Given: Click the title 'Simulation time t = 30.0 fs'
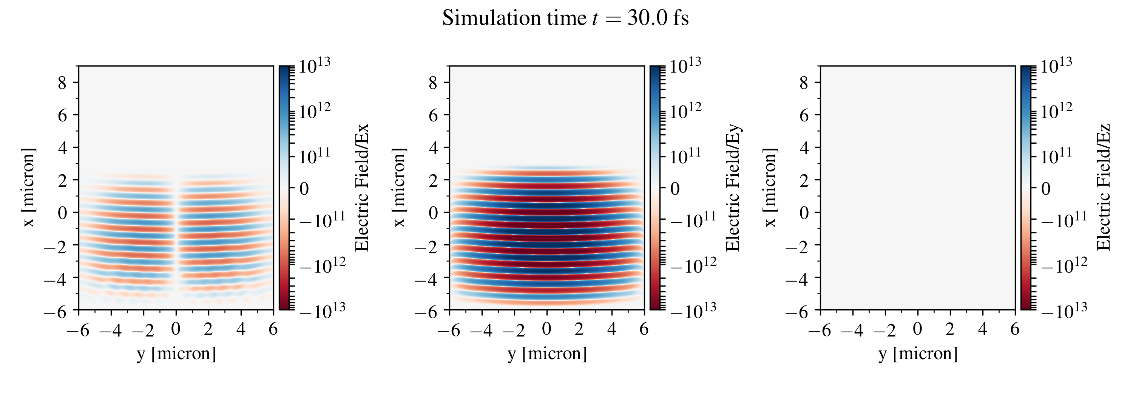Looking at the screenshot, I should (565, 19).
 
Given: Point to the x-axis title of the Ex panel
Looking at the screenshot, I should (176, 354).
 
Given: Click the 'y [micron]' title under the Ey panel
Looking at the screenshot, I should (547, 354).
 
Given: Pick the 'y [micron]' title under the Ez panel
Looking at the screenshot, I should (918, 354).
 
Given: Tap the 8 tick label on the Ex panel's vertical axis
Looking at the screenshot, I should (62, 82).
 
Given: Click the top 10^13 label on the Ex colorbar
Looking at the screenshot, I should (315, 66).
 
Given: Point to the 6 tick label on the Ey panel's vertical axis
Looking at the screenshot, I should (433, 115).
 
